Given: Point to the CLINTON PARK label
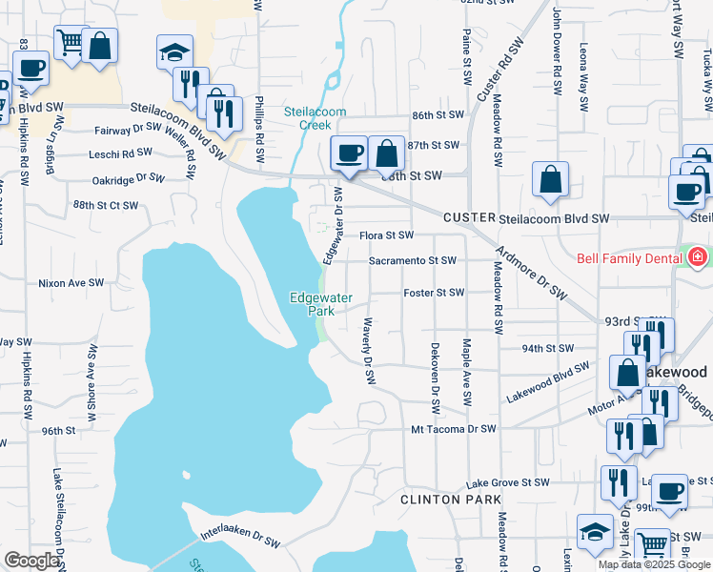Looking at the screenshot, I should pyautogui.click(x=437, y=500).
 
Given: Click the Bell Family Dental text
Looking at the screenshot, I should pyautogui.click(x=629, y=258).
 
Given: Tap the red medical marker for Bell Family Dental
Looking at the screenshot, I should pyautogui.click(x=697, y=257).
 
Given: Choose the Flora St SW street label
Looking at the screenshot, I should pyautogui.click(x=386, y=235).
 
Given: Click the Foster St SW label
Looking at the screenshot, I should pyautogui.click(x=434, y=293).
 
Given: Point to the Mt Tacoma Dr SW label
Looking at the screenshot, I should pyautogui.click(x=454, y=429).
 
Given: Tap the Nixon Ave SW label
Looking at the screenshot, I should pyautogui.click(x=70, y=283).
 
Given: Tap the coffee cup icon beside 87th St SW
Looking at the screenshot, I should pyautogui.click(x=349, y=153).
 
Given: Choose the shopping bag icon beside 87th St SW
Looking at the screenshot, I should pyautogui.click(x=386, y=153).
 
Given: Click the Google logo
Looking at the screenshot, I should pyautogui.click(x=31, y=562).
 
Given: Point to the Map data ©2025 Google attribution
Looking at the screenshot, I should pyautogui.click(x=654, y=564).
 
